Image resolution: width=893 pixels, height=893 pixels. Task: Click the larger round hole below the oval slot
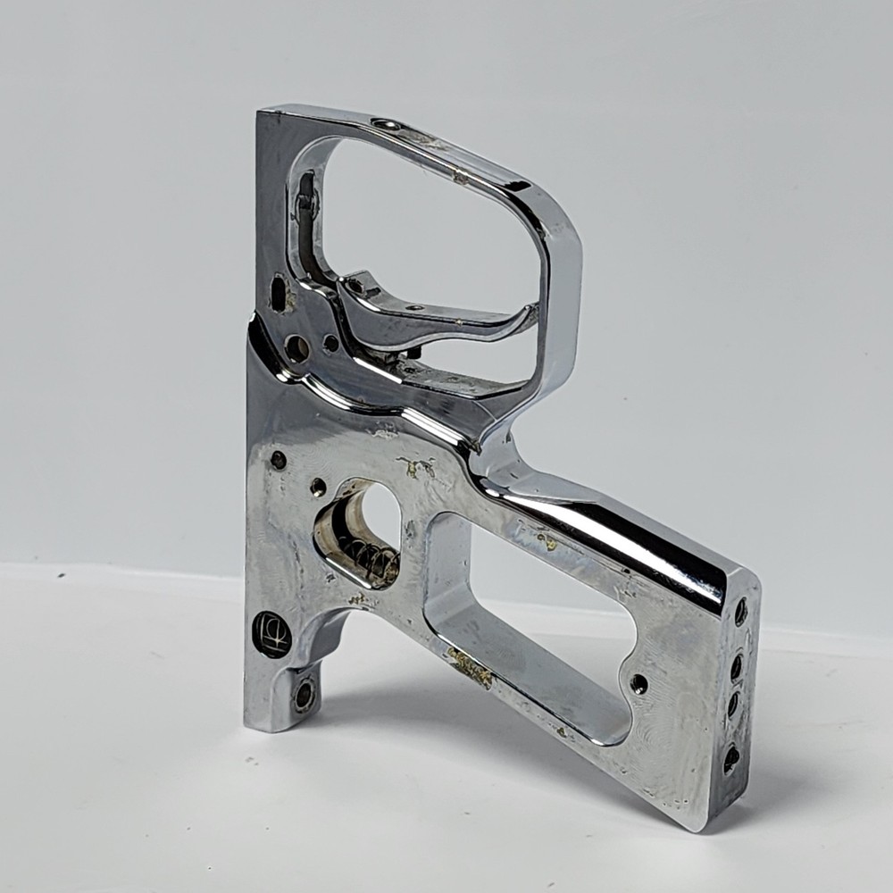296,348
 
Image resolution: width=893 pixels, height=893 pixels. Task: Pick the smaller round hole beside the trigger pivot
331,343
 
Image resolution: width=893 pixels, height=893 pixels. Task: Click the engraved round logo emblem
271,634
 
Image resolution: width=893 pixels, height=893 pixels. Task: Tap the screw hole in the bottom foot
305,694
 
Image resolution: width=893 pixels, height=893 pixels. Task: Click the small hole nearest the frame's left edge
279,460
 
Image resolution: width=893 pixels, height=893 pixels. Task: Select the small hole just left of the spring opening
318,487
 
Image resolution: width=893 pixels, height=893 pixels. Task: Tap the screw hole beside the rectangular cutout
638,684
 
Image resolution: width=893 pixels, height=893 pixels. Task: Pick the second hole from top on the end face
737,666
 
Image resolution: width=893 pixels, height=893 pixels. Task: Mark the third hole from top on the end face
733,704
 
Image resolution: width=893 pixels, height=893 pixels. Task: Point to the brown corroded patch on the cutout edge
471,666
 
